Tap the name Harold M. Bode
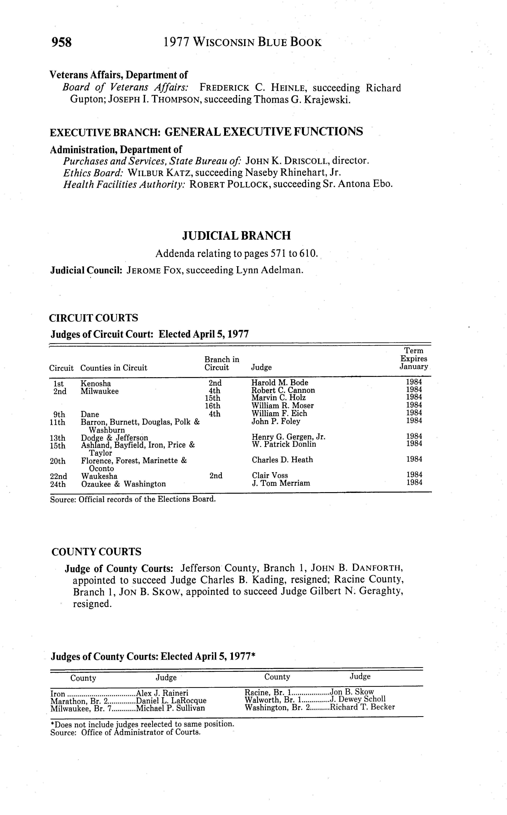pos(280,383)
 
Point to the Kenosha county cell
pos(96,383)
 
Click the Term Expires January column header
pos(414,358)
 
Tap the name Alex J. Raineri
pos(162,693)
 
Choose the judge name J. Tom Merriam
pos(281,483)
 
